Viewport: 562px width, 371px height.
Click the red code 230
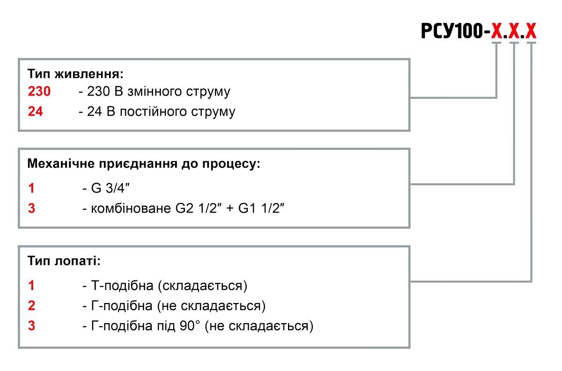pos(39,92)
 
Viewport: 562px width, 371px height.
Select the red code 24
pos(36,112)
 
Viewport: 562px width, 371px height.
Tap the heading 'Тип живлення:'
pos(75,74)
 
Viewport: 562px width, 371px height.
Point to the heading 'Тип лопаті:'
pos(64,260)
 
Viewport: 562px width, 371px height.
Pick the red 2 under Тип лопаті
pos(31,306)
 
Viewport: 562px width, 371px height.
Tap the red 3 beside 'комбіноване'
pos(31,208)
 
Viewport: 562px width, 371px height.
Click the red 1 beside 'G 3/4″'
pos(31,188)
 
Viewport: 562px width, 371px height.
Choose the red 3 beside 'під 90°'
pos(31,326)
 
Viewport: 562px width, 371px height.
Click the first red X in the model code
pos(496,31)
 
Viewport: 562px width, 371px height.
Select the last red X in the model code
pos(531,31)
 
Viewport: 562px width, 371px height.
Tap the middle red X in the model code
pos(514,31)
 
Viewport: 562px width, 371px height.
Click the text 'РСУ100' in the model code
pos(452,31)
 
